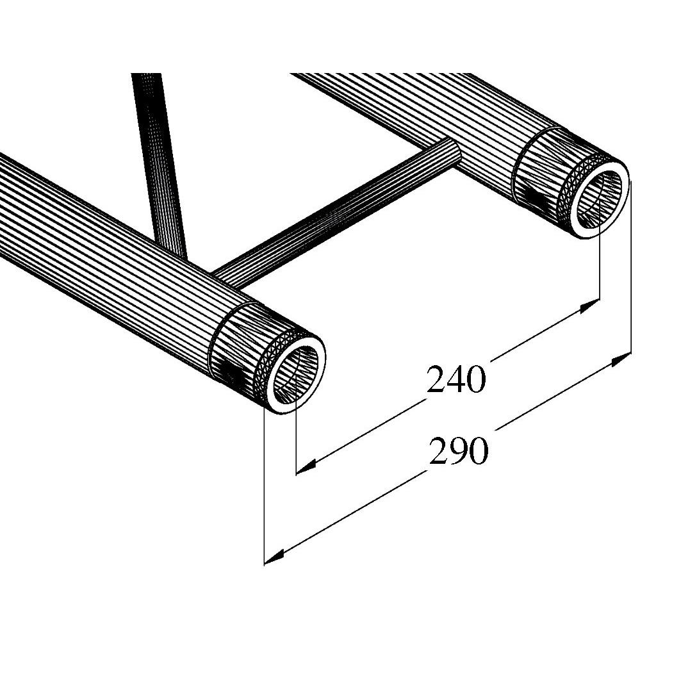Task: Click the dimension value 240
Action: click(x=456, y=379)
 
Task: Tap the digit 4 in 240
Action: click(x=456, y=379)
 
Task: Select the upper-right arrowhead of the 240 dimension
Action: click(x=589, y=306)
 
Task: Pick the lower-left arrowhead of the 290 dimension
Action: click(x=274, y=557)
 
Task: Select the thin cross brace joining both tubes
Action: click(x=340, y=215)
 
